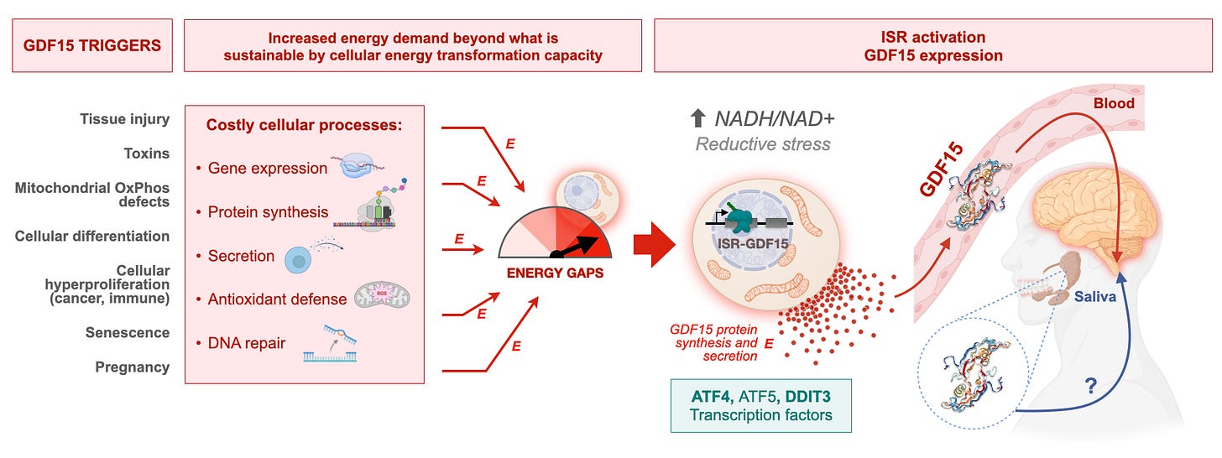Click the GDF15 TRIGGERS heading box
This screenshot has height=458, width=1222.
tap(92, 45)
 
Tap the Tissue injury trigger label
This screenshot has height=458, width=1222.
tap(124, 119)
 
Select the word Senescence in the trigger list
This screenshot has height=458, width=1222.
tap(127, 332)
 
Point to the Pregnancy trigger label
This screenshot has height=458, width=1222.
tap(132, 367)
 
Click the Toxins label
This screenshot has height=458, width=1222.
tap(146, 154)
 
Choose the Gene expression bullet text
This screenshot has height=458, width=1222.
tap(267, 168)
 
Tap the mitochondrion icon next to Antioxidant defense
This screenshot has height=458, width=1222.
tap(382, 297)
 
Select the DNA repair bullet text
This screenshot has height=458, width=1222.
tap(247, 343)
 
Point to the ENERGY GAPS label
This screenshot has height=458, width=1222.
tap(555, 273)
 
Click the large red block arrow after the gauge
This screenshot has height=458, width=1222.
tap(654, 244)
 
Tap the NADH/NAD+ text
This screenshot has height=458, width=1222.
tap(775, 118)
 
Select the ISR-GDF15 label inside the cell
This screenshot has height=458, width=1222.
tap(753, 243)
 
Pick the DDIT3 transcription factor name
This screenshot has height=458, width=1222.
tap(808, 397)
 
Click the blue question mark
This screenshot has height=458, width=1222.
tap(1090, 386)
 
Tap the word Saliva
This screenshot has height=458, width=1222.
tap(1095, 297)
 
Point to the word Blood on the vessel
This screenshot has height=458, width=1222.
tap(1114, 103)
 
